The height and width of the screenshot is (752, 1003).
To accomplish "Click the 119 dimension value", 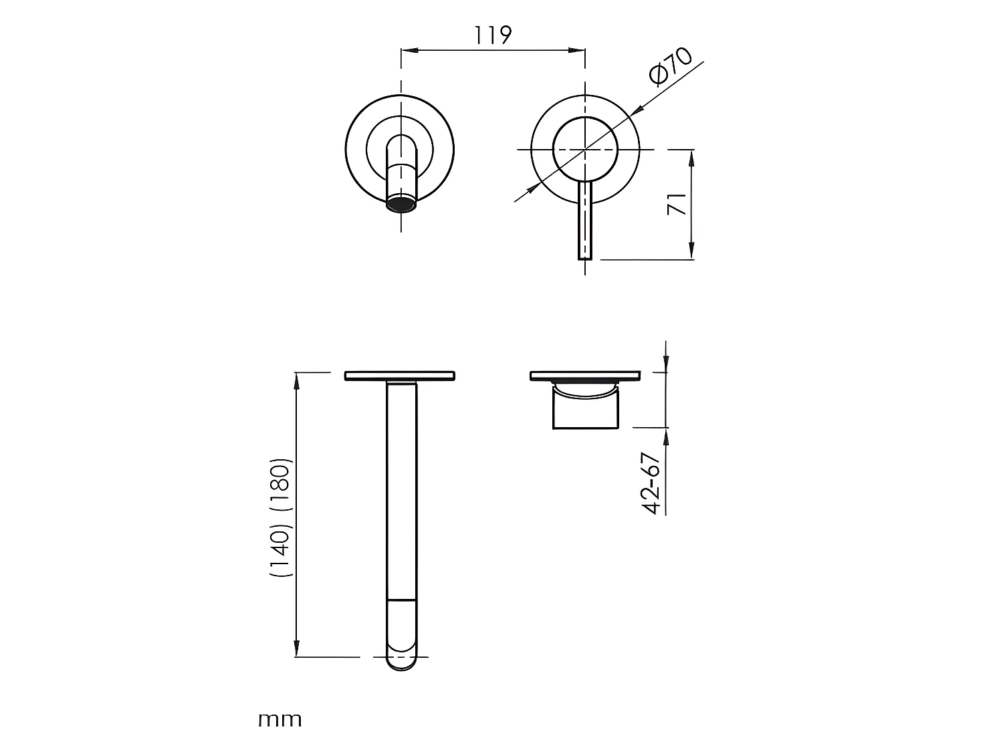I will click(493, 35).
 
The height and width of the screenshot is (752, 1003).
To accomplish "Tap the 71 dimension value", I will click(677, 204).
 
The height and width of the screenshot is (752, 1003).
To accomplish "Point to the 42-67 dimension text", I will click(651, 483).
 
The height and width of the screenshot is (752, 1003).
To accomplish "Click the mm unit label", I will click(280, 720).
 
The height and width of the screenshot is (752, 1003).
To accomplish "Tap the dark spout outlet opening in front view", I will click(401, 204).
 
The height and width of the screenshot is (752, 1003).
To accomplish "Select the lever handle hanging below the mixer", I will click(585, 221).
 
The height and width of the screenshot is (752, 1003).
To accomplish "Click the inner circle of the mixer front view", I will click(585, 150).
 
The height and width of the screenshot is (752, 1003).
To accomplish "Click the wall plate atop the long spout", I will click(400, 376).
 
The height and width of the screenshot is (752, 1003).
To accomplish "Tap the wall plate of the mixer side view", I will click(585, 376).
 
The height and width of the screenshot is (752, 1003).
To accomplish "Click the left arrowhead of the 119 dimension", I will click(407, 49).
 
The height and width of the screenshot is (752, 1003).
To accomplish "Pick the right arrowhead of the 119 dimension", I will click(579, 49).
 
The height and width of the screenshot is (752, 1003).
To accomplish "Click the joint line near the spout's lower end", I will click(401, 600).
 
